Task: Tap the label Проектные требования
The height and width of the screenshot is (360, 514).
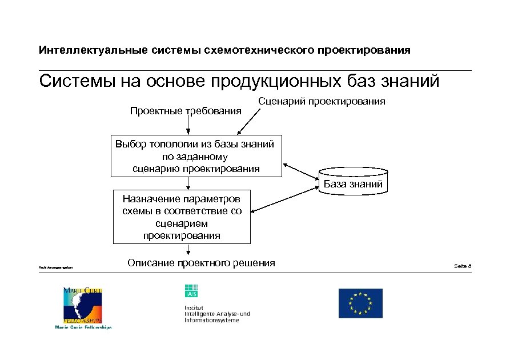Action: tap(186, 110)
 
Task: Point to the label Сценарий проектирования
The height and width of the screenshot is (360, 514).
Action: tap(322, 101)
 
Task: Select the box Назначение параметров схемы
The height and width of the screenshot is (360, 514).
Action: tap(182, 217)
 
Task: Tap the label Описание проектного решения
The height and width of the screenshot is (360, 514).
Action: tap(201, 263)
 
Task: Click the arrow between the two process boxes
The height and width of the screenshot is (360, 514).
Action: tap(188, 183)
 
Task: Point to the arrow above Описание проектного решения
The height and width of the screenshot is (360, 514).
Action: tap(188, 250)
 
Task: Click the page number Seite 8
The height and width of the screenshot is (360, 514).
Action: tap(462, 266)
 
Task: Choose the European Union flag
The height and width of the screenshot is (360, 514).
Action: tap(360, 303)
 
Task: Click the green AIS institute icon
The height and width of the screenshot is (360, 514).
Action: tap(191, 291)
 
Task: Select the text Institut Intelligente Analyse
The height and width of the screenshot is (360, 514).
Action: tap(216, 314)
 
